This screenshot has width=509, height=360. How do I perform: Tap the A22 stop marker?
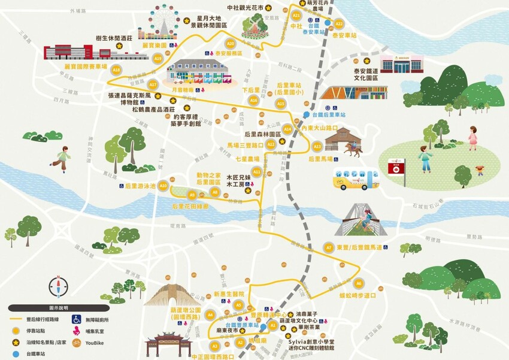pos(338,24)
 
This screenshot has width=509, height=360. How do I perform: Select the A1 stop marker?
pos(273,325)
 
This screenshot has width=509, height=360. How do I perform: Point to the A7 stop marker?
pos(328,247)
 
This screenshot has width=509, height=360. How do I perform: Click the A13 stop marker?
pos(317,146)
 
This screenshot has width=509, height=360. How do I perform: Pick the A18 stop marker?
pos(116,69)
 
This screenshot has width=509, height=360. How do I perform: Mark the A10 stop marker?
pos(162,186)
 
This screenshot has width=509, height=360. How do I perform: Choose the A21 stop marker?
pos(296,16)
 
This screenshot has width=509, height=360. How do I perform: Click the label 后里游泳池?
pos(140,186)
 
